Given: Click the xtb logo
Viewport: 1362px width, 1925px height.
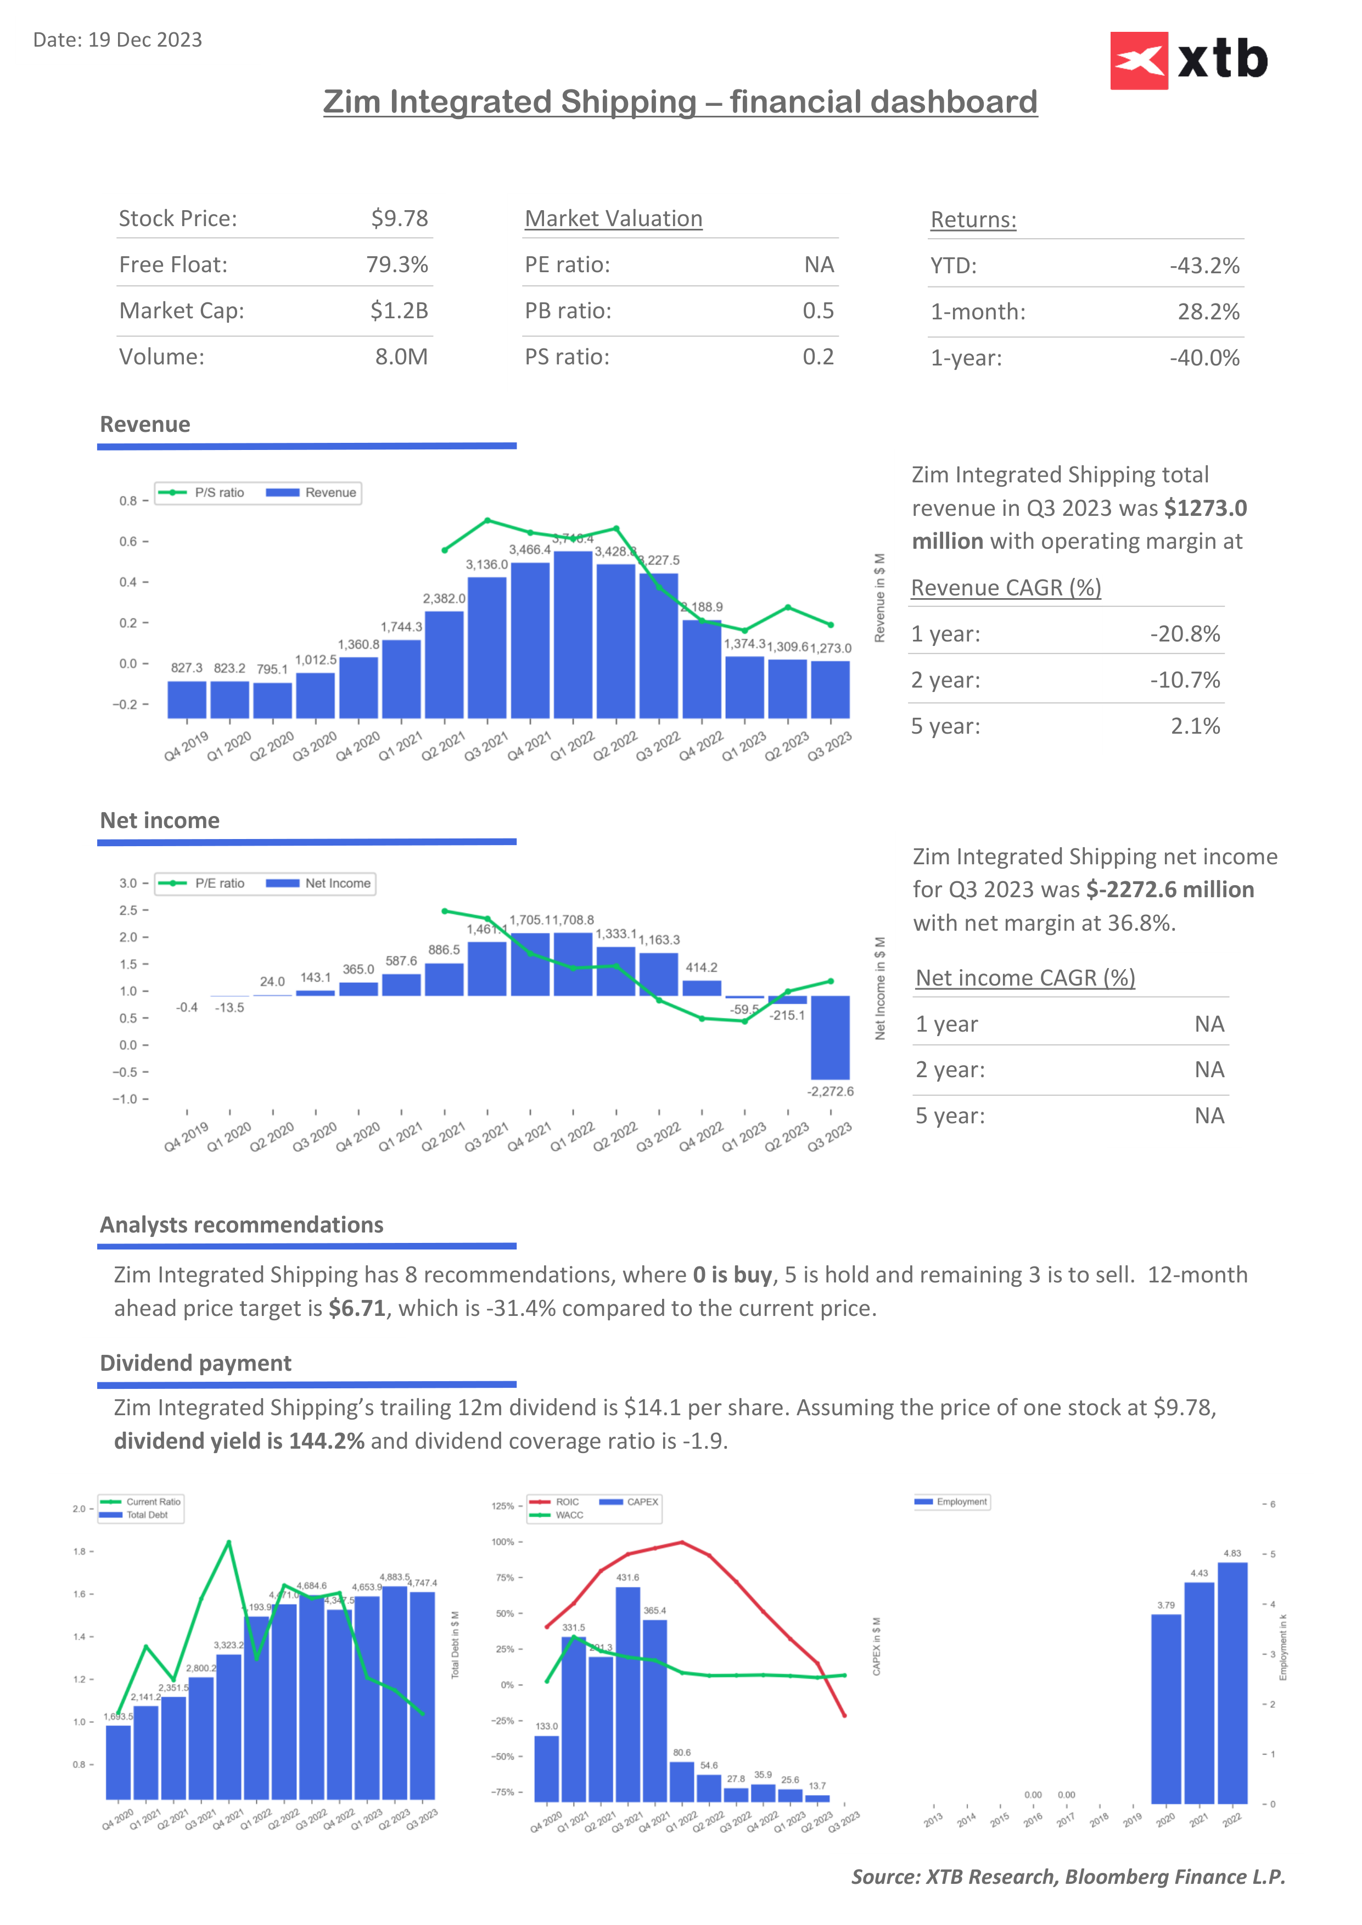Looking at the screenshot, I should [1189, 60].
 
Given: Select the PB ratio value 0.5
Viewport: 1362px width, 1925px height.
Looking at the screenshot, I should [818, 311].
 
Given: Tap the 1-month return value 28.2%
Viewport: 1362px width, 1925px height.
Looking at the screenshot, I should [1208, 312].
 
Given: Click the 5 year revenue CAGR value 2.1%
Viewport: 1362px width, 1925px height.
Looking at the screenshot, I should [1195, 726].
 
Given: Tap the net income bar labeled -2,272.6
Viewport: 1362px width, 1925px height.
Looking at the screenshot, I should [830, 1037].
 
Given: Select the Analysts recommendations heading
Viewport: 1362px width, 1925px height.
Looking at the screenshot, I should [242, 1225].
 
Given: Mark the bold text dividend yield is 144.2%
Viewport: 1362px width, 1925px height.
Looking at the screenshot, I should [239, 1441].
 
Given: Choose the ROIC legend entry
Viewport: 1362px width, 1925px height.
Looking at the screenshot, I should [556, 1501].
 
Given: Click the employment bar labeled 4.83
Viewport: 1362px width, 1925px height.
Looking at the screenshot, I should [1232, 1682].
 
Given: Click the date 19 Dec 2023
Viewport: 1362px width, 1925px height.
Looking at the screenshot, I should [144, 40].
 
